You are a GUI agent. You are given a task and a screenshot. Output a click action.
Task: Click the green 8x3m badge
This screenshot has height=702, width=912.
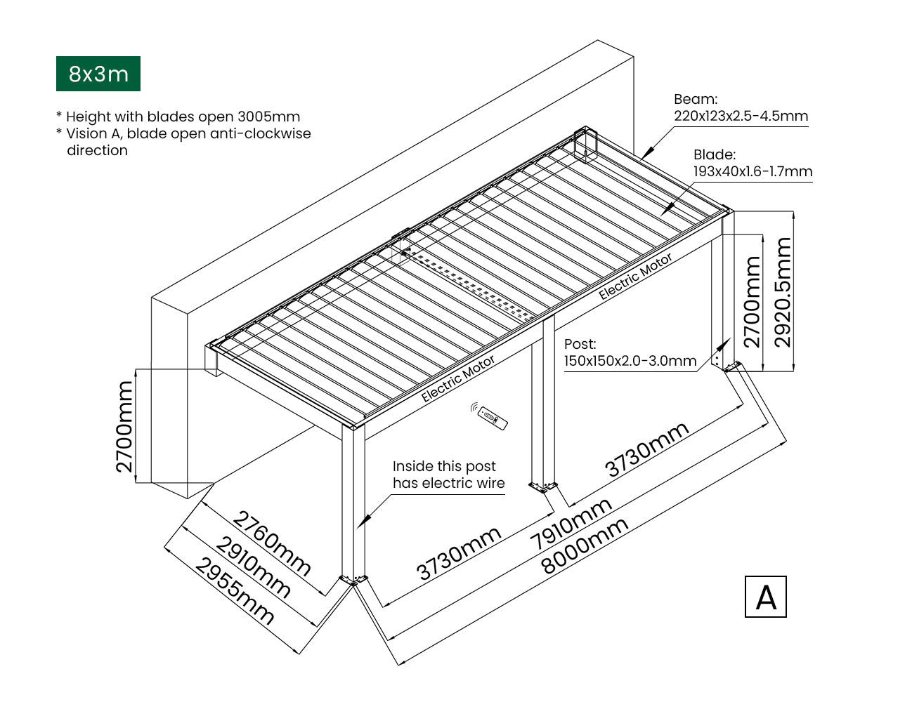pos(98,74)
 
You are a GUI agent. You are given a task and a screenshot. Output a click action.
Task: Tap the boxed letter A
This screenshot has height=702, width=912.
pos(765,597)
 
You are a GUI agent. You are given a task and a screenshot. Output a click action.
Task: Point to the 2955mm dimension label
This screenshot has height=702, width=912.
pos(234,591)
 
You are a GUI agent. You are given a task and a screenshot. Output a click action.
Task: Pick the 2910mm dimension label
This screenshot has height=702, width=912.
pos(252,566)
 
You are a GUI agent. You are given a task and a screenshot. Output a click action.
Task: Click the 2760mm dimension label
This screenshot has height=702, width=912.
pos(271,543)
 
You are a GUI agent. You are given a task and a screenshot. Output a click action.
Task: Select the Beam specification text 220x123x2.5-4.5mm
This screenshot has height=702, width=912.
pos(741,117)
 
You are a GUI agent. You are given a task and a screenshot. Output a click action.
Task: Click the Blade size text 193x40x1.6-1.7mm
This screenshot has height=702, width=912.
pos(753,171)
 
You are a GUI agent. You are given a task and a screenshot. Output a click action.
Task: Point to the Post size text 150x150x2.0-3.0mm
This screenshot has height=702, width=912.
pos(630,361)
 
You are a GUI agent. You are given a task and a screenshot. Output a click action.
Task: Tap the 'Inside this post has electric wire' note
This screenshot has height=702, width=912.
pos(448,475)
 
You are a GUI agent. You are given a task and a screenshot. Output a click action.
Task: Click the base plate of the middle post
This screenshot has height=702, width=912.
pos(542,485)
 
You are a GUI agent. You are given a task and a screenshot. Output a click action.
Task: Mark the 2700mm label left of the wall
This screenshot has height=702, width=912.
pos(124,426)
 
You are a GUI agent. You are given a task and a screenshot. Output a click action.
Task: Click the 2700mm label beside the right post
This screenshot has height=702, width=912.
pos(753,302)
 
